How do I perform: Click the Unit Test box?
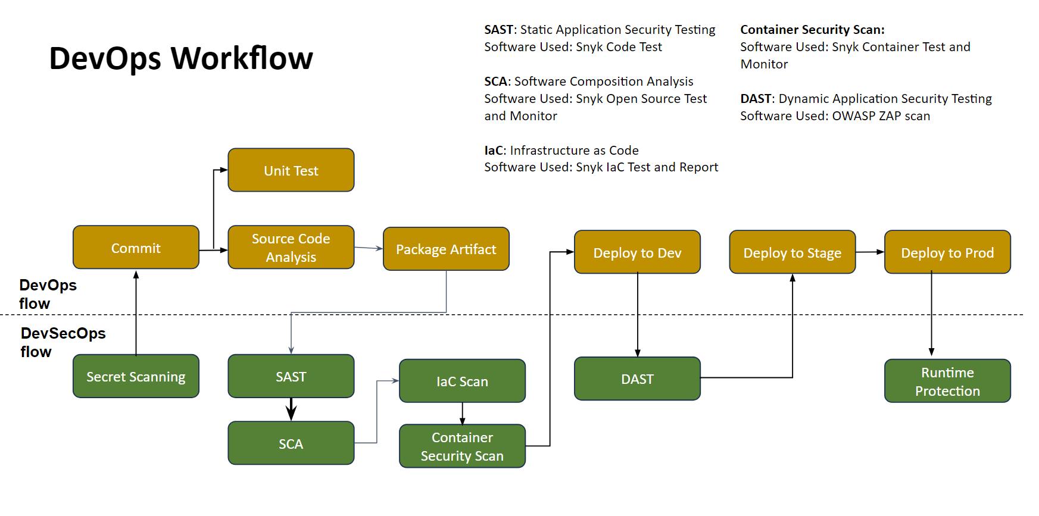tap(291, 170)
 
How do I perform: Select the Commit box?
tap(136, 248)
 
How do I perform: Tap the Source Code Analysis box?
tap(291, 248)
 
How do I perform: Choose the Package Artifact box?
tap(446, 249)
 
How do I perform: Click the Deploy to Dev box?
tap(637, 252)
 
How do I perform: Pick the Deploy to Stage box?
tap(792, 252)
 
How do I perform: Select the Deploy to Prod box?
tap(947, 252)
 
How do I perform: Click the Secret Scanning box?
tap(136, 376)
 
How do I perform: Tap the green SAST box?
tap(291, 376)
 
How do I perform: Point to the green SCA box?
tap(291, 443)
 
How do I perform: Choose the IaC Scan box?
tap(462, 381)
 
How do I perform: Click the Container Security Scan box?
tap(462, 446)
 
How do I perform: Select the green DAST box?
tap(637, 379)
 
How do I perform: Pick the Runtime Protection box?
tap(947, 381)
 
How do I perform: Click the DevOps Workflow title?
tap(181, 58)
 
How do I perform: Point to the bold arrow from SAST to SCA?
tap(291, 409)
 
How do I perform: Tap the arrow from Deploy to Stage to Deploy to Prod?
tap(870, 252)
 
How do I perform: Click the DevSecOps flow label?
tap(63, 342)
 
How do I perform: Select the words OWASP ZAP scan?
tap(881, 116)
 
